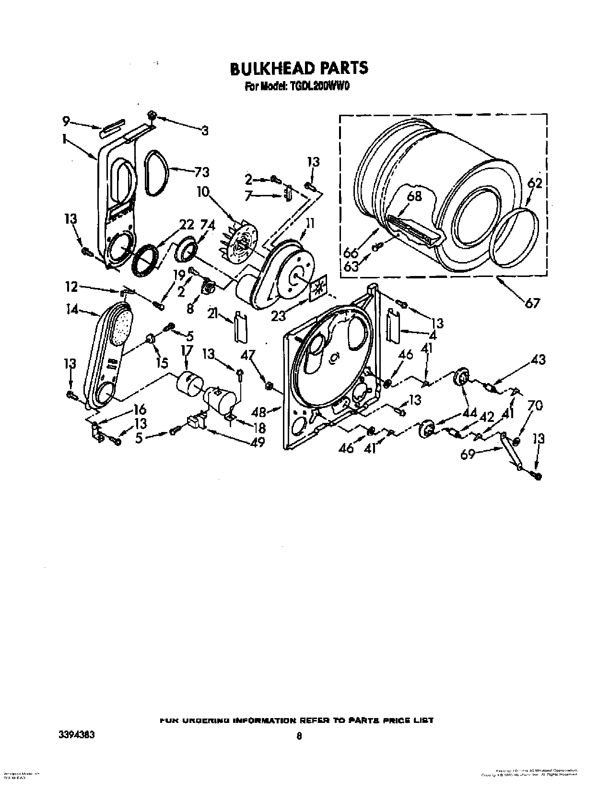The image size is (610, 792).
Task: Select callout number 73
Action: click(201, 172)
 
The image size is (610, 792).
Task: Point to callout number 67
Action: click(532, 302)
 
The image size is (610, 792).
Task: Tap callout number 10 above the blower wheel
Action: click(203, 192)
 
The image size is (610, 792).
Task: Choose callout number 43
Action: click(538, 359)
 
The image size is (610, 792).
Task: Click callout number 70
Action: click(535, 406)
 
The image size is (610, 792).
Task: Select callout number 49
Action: click(257, 443)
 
